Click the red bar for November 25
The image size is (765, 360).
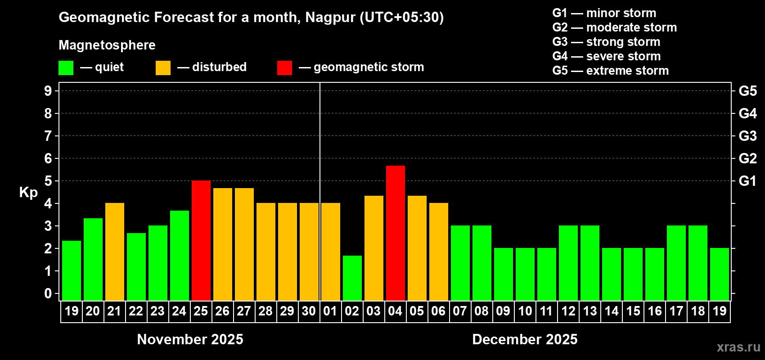coord(201,240)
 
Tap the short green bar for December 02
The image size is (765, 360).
coord(352,278)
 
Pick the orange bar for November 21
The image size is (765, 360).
coord(114,252)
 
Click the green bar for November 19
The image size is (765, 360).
coord(71,270)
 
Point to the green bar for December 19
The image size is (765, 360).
coord(719,274)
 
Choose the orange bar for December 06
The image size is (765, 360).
coord(438,252)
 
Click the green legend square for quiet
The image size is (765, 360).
coord(66,68)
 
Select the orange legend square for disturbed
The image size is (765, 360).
coord(163,68)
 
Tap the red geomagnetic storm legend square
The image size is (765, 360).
coord(284,68)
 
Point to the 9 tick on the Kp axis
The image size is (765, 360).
coord(48,91)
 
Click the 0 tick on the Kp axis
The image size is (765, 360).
coord(48,294)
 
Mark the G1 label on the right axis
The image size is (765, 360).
coord(747,181)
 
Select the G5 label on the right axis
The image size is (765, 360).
coord(747,91)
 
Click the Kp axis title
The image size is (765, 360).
coord(28,192)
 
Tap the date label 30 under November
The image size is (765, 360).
coord(309,311)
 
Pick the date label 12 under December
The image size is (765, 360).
coord(568,311)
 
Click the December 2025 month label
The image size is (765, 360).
coord(525,339)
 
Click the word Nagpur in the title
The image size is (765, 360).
coord(330,18)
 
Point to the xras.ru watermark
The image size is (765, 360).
coord(738,347)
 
